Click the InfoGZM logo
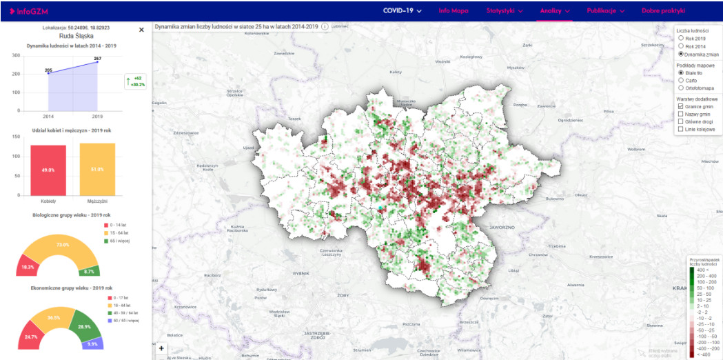tap(28, 11)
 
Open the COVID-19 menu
tap(402, 11)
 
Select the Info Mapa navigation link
tap(454, 11)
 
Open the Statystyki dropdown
tap(504, 11)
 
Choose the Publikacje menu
tap(605, 11)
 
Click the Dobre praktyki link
tap(663, 11)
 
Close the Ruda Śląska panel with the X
tap(141, 30)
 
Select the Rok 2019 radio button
tap(681, 39)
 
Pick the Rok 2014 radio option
tap(681, 46)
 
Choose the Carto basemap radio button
tap(681, 80)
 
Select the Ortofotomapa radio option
tap(681, 88)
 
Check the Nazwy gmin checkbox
tap(681, 114)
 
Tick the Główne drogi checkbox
tap(681, 121)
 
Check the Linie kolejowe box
tap(681, 129)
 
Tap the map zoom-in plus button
tap(161, 349)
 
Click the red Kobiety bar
tap(48, 170)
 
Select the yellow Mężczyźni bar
tap(97, 169)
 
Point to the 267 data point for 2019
tap(97, 63)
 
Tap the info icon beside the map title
tap(325, 26)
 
